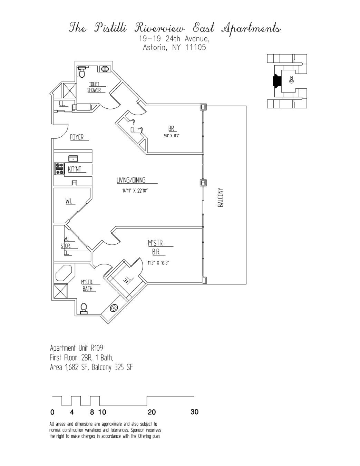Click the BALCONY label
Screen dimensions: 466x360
(x=221, y=197)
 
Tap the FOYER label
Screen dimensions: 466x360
(x=77, y=137)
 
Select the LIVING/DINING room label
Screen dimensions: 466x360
(x=131, y=180)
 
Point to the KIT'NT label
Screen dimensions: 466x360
(x=75, y=169)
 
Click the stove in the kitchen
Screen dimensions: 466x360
(x=60, y=169)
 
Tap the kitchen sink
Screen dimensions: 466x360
(x=73, y=158)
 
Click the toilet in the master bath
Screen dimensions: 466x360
(x=84, y=308)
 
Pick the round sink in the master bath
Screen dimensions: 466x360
(x=114, y=308)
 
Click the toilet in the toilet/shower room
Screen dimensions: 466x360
(x=82, y=73)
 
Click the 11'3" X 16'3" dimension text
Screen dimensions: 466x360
(x=158, y=263)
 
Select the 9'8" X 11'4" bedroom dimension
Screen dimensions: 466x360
(x=171, y=136)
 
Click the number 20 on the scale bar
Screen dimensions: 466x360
(x=152, y=412)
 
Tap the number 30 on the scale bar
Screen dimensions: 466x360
(x=194, y=412)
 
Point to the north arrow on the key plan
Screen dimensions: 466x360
(x=291, y=81)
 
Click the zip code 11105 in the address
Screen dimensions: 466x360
(x=196, y=47)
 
